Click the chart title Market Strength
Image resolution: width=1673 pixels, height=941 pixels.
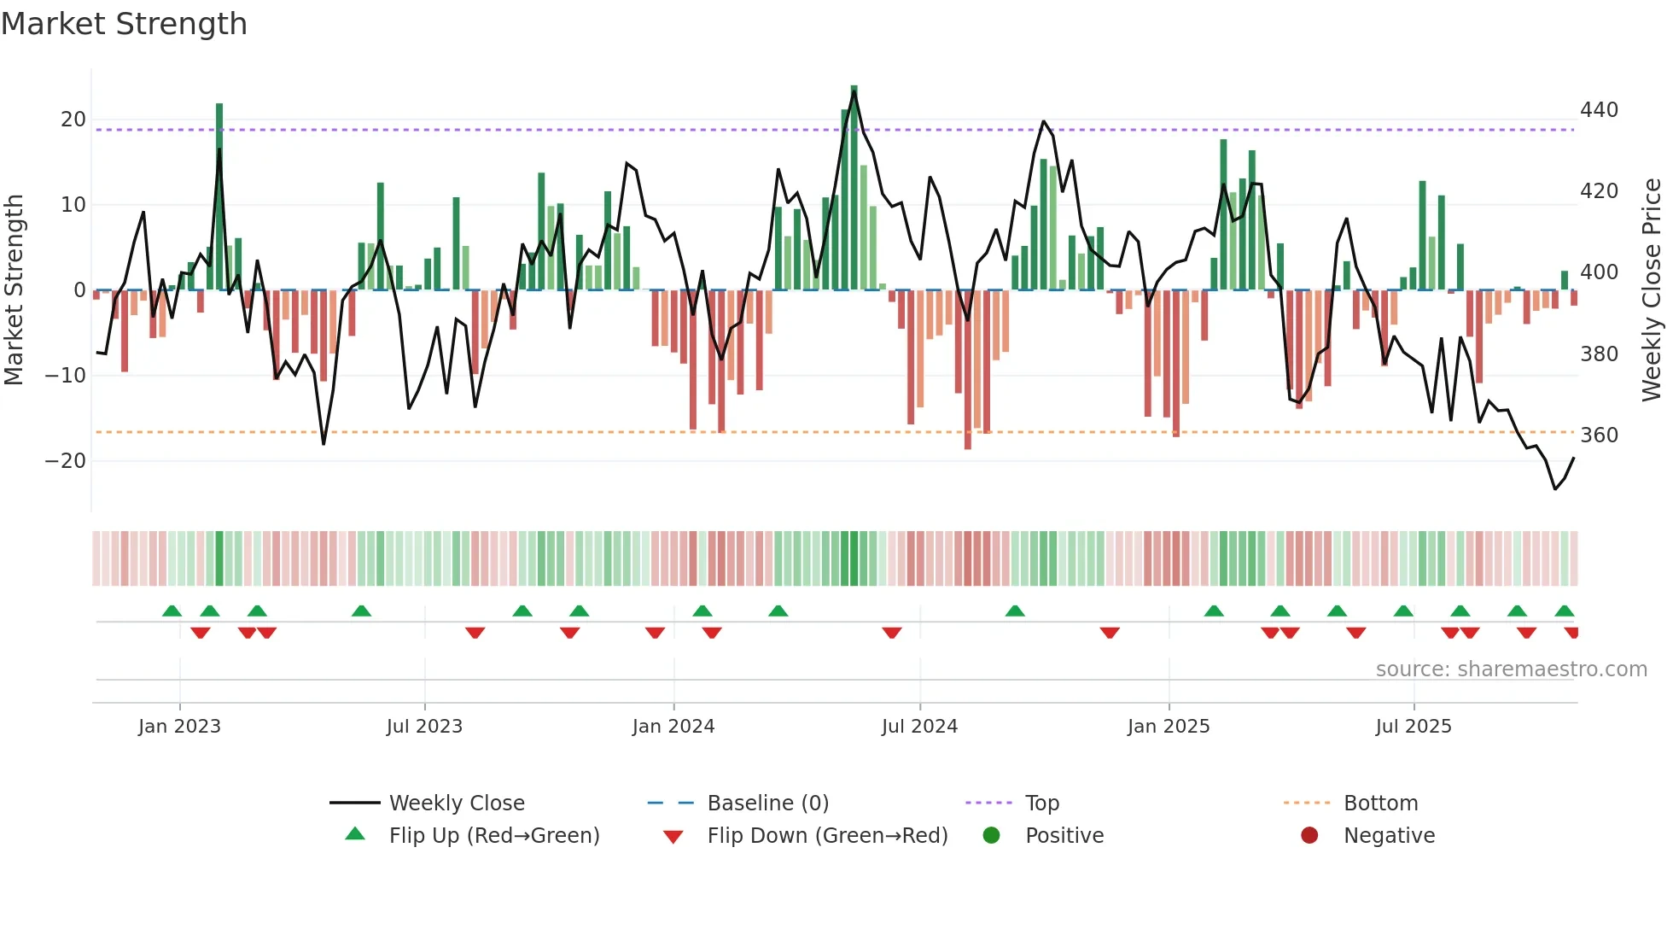pos(124,24)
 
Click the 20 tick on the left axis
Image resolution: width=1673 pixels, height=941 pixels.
pos(73,120)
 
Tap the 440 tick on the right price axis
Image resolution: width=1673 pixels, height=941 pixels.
pos(1599,110)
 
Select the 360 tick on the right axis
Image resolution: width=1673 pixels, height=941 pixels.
pos(1599,435)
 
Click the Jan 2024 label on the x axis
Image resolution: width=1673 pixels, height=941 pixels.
pos(673,727)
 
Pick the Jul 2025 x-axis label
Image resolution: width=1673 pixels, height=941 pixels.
pos(1414,727)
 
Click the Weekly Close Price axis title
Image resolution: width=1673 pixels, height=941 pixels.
pos(1652,290)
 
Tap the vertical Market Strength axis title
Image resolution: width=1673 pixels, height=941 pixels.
pos(15,290)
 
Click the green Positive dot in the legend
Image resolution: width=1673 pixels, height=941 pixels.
pos(991,835)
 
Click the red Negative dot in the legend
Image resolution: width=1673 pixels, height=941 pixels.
pos(1309,835)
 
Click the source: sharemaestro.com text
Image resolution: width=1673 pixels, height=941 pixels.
pos(1511,669)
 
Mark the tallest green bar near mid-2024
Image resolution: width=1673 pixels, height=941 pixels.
pos(854,188)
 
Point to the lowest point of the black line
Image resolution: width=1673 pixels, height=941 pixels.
pos(1555,489)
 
